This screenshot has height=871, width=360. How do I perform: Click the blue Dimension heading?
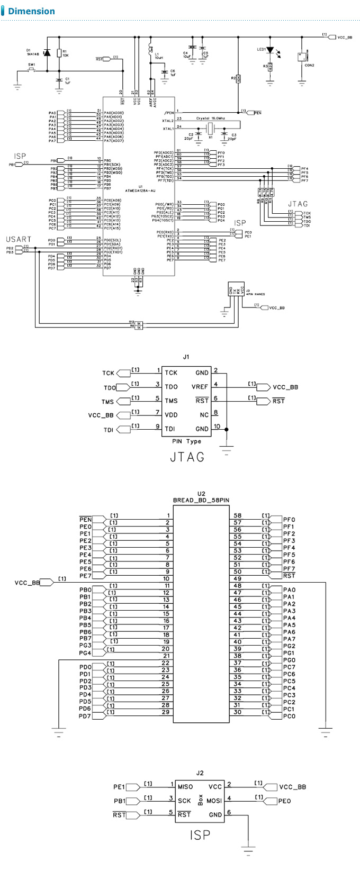(31, 11)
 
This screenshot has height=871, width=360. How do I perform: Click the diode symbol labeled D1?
(47, 52)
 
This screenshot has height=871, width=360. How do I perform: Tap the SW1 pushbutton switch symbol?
(31, 70)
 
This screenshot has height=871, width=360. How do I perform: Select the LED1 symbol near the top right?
(270, 50)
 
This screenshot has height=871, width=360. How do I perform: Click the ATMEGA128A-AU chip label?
(140, 190)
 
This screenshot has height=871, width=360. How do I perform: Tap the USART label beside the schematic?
(19, 239)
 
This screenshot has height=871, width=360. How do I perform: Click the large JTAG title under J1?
(187, 457)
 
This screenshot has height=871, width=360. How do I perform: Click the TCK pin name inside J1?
(171, 373)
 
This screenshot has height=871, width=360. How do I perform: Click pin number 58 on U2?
(238, 515)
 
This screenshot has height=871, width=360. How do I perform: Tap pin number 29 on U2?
(166, 712)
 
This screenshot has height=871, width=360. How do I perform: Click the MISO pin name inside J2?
(185, 787)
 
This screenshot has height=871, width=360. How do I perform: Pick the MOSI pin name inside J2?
(214, 801)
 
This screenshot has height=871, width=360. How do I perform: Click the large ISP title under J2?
(200, 834)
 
